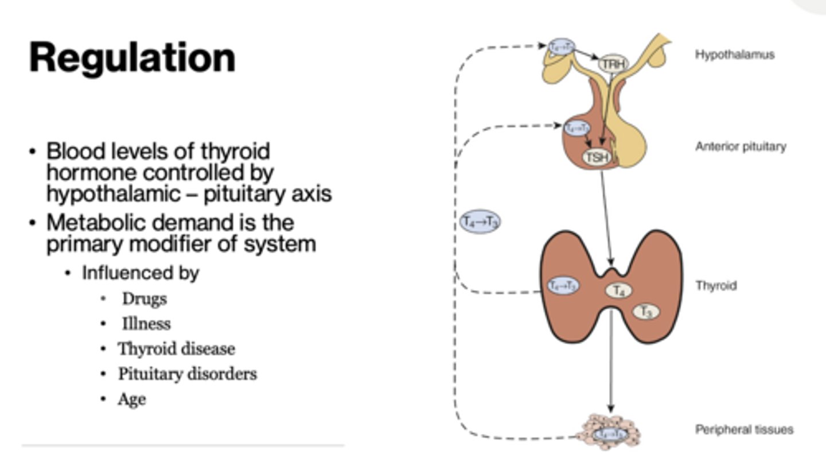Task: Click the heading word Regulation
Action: pos(132,57)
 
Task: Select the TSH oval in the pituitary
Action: pos(597,157)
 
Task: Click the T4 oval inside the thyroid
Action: pos(618,290)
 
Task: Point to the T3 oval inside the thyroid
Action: pos(646,312)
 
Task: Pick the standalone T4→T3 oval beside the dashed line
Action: pos(480,222)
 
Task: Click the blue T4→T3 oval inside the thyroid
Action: pos(563,285)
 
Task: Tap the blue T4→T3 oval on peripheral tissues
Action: pos(609,434)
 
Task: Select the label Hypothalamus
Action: pos(735,55)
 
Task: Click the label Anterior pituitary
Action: pos(741,146)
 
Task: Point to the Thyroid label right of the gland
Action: pos(716,285)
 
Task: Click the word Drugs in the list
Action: pos(144,299)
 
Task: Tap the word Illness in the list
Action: pos(146,324)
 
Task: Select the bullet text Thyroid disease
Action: pos(176,349)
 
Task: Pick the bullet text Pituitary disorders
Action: pos(187,374)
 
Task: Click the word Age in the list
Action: pos(131,399)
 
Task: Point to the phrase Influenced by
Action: pos(141,273)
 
